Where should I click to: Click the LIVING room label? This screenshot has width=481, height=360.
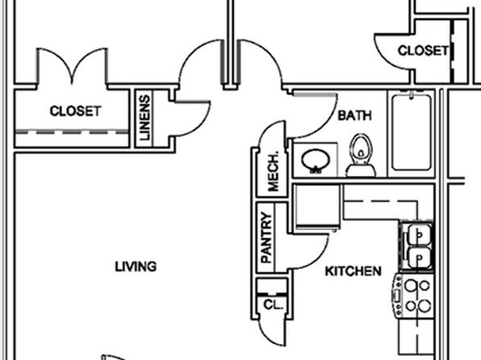[136, 266]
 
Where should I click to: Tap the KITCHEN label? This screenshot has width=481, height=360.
[353, 271]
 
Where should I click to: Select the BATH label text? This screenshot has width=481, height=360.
[354, 115]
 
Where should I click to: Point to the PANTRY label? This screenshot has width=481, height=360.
[266, 237]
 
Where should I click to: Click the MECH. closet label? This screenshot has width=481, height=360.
[273, 171]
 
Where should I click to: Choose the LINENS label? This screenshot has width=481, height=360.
[144, 118]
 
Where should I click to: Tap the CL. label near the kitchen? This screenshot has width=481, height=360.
[273, 305]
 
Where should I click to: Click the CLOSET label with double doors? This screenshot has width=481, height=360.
[75, 111]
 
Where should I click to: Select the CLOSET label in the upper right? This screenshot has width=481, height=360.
[423, 51]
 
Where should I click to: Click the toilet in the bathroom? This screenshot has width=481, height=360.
[361, 156]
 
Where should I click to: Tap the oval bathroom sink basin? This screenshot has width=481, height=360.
[316, 161]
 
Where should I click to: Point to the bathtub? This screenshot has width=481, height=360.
[411, 132]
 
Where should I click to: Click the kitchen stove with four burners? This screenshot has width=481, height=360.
[413, 295]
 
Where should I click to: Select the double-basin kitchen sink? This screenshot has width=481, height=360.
[416, 245]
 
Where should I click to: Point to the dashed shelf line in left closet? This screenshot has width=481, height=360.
[72, 132]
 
